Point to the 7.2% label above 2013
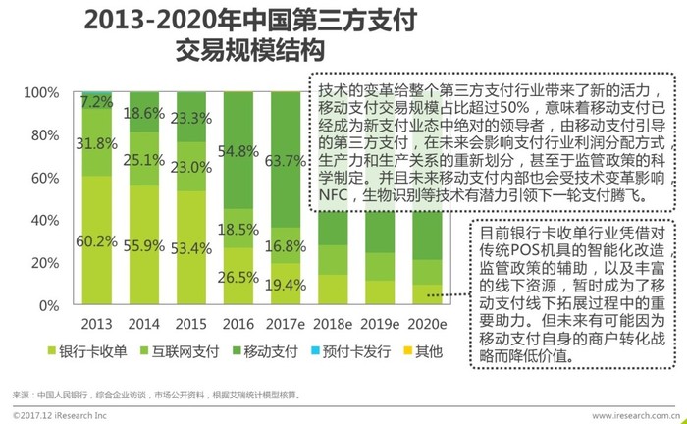pyautogui.click(x=96, y=102)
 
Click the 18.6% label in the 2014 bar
pyautogui.click(x=144, y=114)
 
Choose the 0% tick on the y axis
pyautogui.click(x=47, y=305)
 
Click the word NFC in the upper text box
pyautogui.click(x=335, y=194)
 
